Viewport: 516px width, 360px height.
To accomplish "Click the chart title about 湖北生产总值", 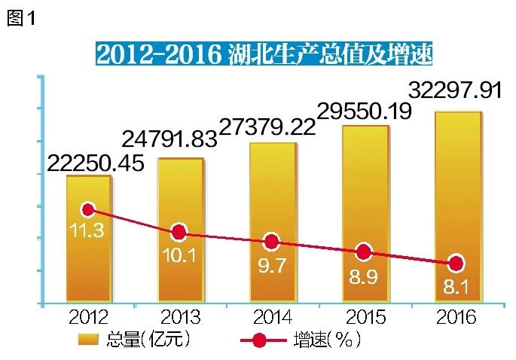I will (x=264, y=53).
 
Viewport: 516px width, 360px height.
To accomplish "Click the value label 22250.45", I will (x=95, y=163).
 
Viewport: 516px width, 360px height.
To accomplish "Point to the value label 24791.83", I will (x=169, y=138).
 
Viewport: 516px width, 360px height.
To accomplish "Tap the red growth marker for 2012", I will (x=88, y=209).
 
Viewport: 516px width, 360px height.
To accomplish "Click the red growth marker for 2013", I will (x=179, y=232).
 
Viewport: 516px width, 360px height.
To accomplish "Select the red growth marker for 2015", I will (x=363, y=252).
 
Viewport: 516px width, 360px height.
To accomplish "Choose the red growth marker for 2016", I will (x=455, y=264).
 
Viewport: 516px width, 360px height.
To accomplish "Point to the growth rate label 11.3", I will (x=89, y=231).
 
